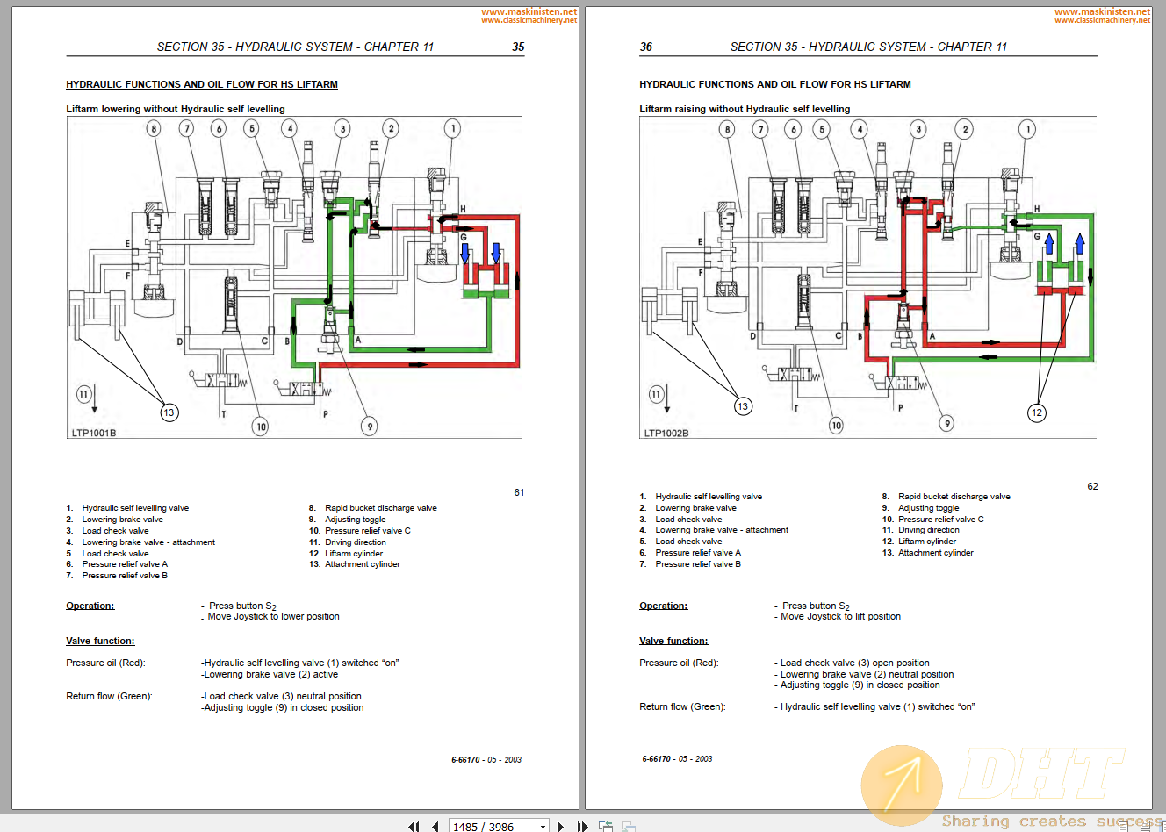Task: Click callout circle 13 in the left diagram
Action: pyautogui.click(x=169, y=412)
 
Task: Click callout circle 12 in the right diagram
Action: pyautogui.click(x=1037, y=412)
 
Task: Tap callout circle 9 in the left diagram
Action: pyautogui.click(x=370, y=427)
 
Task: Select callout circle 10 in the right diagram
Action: pyautogui.click(x=836, y=426)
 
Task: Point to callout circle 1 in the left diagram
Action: pyautogui.click(x=452, y=129)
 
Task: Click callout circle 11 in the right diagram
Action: pyautogui.click(x=655, y=394)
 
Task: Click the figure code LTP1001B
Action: pyautogui.click(x=94, y=433)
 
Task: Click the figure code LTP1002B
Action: pyautogui.click(x=666, y=433)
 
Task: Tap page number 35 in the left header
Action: pyautogui.click(x=518, y=47)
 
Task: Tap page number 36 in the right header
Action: pyautogui.click(x=646, y=47)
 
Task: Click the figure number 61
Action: pyautogui.click(x=519, y=492)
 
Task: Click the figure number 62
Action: pyautogui.click(x=1092, y=486)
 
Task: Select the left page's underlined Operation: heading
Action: pyautogui.click(x=90, y=606)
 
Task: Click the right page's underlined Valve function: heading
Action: pyautogui.click(x=673, y=641)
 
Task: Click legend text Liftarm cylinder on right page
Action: pyautogui.click(x=926, y=542)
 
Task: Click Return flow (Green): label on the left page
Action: pyautogui.click(x=109, y=696)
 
